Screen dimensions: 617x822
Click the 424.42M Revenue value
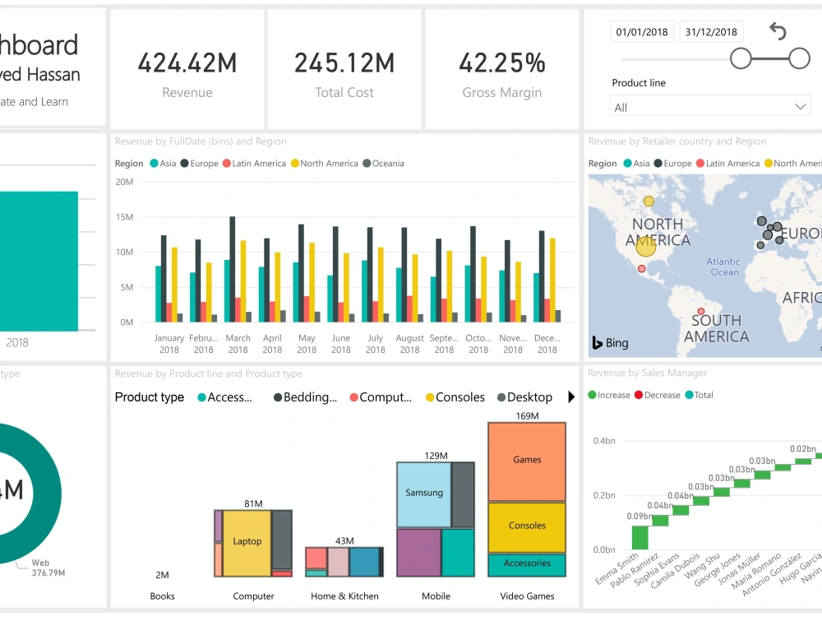[x=187, y=63]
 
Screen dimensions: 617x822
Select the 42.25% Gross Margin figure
[x=501, y=63]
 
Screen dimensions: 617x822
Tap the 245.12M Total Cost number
[x=344, y=63]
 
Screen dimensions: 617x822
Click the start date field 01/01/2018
[x=643, y=32]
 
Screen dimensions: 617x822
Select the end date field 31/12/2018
[x=711, y=32]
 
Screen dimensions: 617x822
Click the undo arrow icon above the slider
[x=778, y=32]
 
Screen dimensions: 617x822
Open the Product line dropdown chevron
[x=801, y=107]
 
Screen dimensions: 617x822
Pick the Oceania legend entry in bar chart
[x=383, y=164]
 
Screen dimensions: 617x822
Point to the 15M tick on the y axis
[x=125, y=217]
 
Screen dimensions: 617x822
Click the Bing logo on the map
[x=610, y=343]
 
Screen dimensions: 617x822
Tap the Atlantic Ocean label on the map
[x=723, y=267]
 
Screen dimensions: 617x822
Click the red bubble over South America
[x=701, y=312]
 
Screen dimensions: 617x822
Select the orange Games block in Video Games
[x=527, y=461]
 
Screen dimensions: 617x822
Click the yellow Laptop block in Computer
[x=247, y=542]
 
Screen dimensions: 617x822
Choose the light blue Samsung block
[x=423, y=494]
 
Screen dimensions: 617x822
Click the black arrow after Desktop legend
[x=571, y=397]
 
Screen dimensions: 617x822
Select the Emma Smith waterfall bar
[x=640, y=537]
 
